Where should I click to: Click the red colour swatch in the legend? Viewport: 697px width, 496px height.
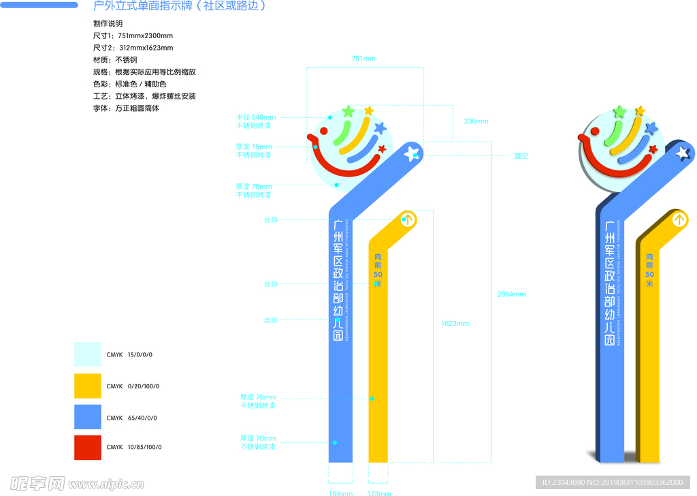coord(88,448)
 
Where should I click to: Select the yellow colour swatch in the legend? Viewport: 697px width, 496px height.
coord(88,386)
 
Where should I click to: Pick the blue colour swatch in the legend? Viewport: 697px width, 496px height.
coord(88,418)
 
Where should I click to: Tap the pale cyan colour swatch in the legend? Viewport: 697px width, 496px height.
coord(88,354)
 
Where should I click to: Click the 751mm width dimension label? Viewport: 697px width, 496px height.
coord(363,59)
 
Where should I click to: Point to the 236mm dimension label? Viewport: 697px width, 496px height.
coord(476,121)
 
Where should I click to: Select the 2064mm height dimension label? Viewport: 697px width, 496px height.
coord(511,294)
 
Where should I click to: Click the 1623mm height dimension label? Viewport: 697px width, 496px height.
coord(455,324)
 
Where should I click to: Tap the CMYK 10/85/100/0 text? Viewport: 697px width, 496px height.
coord(134,448)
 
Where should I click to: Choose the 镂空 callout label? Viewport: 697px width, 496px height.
coord(521,156)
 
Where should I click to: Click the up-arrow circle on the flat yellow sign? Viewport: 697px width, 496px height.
coord(407,219)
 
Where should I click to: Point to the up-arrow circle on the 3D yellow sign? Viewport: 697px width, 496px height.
coord(679,219)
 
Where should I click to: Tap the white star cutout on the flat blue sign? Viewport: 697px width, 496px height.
coord(410,154)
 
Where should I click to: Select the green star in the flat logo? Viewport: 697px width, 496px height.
coord(348,111)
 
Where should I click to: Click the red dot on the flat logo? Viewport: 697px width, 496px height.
coord(324,131)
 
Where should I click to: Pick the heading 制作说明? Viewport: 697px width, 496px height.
coord(108,23)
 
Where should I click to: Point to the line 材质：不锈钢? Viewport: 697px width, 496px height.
coord(115,60)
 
